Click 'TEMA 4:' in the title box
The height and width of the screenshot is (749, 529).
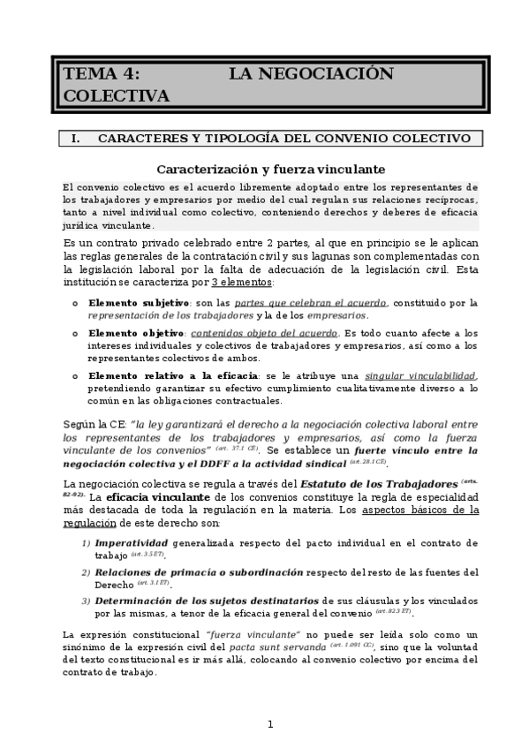[100, 74]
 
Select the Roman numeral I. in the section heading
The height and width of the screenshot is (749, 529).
[75, 139]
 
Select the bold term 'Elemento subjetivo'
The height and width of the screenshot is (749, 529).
[139, 303]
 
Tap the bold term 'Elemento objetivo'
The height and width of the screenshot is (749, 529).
[136, 333]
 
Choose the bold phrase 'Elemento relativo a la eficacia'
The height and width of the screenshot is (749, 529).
[174, 375]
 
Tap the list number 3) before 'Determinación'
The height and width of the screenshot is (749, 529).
[86, 601]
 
